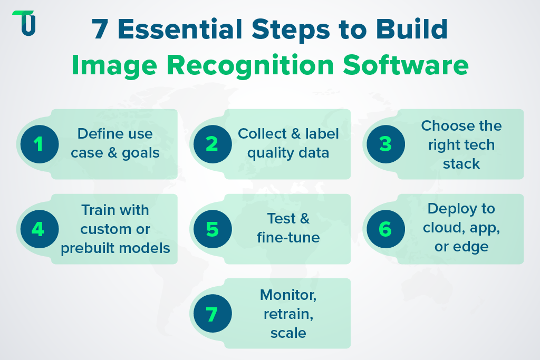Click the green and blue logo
click(x=24, y=23)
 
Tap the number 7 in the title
click(x=99, y=31)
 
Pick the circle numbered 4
click(x=39, y=229)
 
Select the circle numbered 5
click(x=212, y=229)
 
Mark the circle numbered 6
click(x=385, y=229)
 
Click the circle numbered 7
click(x=212, y=314)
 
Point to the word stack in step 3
click(x=461, y=163)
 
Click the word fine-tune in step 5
click(x=288, y=238)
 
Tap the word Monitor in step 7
click(x=288, y=295)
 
